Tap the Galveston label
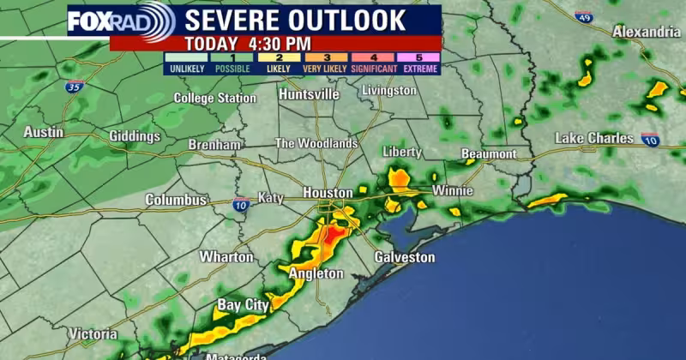click(405, 257)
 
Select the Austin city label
click(43, 133)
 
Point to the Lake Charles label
click(594, 138)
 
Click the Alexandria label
click(646, 32)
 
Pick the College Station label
click(214, 99)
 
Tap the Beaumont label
click(489, 154)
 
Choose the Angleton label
click(316, 273)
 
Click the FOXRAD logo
click(121, 21)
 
